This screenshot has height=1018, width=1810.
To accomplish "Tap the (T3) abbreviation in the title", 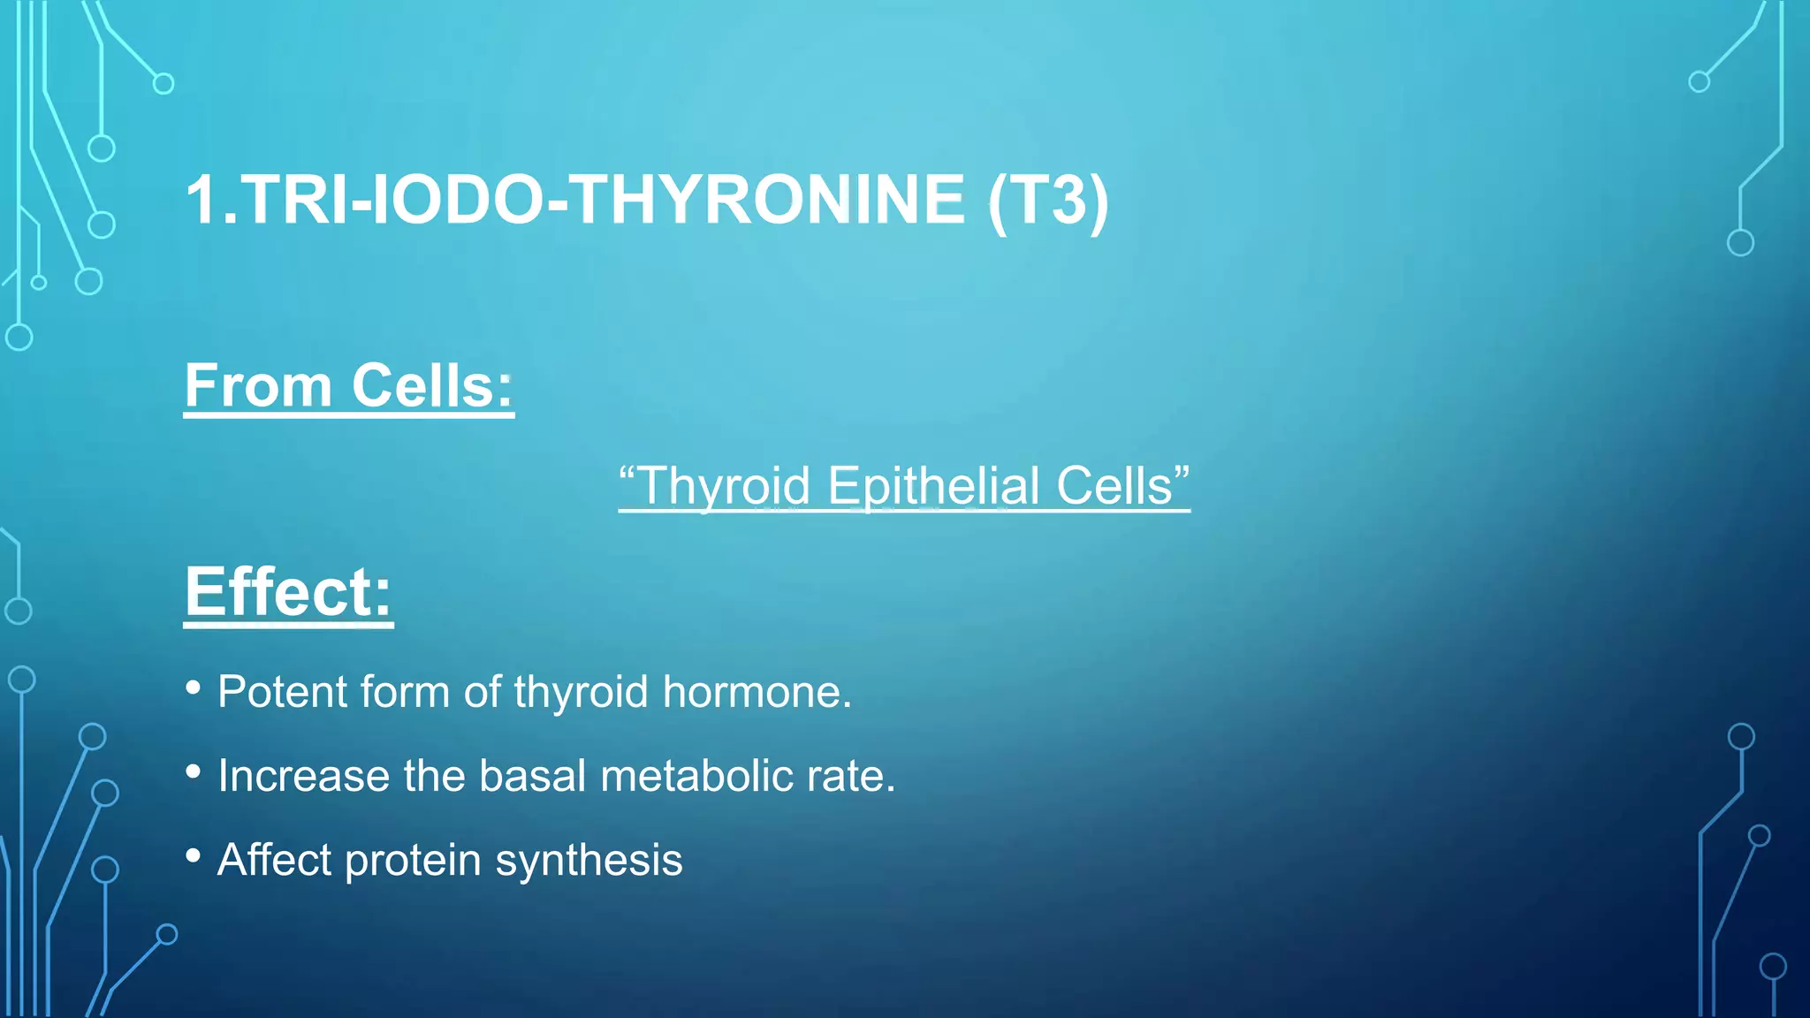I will pyautogui.click(x=1048, y=201).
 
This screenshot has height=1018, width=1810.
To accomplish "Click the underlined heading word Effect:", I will pyautogui.click(x=288, y=592).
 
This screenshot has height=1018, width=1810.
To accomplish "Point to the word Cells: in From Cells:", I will pyautogui.click(x=432, y=386).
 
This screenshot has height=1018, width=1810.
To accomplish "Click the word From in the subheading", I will pyautogui.click(x=258, y=386).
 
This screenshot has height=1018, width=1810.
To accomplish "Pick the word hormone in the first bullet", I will pyautogui.click(x=757, y=692).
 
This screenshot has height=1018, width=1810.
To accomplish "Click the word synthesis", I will pyautogui.click(x=589, y=861).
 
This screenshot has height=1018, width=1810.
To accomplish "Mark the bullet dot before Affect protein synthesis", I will pyautogui.click(x=194, y=855).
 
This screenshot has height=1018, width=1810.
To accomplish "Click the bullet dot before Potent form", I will pyautogui.click(x=194, y=687).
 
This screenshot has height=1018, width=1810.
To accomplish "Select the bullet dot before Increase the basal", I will pyautogui.click(x=194, y=771).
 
